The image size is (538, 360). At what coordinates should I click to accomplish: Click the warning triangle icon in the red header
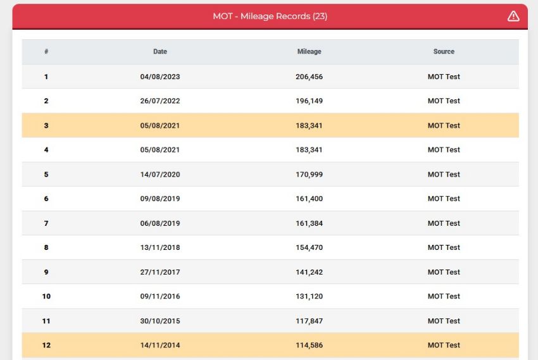pyautogui.click(x=513, y=16)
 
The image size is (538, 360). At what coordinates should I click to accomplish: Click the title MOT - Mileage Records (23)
pyautogui.click(x=270, y=16)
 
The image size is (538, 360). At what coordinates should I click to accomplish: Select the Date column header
pyautogui.click(x=160, y=51)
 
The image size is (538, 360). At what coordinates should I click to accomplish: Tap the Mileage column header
pyautogui.click(x=309, y=51)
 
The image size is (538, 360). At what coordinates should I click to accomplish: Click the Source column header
pyautogui.click(x=444, y=51)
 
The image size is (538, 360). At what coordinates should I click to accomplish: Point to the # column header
pyautogui.click(x=46, y=51)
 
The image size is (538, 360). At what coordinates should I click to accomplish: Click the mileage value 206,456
pyautogui.click(x=309, y=77)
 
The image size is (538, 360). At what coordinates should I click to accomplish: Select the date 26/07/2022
pyautogui.click(x=160, y=101)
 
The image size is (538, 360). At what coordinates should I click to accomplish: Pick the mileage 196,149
pyautogui.click(x=309, y=101)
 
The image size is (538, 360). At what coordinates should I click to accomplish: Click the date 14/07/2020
pyautogui.click(x=160, y=175)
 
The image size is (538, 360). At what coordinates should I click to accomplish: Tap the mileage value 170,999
pyautogui.click(x=309, y=175)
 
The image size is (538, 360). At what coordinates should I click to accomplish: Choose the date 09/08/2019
pyautogui.click(x=160, y=199)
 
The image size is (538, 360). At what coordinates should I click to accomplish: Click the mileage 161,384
pyautogui.click(x=309, y=223)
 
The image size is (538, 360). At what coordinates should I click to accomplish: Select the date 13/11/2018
pyautogui.click(x=160, y=247)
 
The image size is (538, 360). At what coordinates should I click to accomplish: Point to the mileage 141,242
pyautogui.click(x=309, y=272)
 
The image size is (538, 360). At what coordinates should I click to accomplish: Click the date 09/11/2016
pyautogui.click(x=160, y=296)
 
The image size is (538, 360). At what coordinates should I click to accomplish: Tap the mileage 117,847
pyautogui.click(x=309, y=321)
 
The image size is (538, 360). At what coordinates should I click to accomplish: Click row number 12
pyautogui.click(x=46, y=345)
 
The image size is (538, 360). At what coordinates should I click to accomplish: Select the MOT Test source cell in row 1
pyautogui.click(x=444, y=77)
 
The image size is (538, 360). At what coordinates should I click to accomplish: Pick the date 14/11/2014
pyautogui.click(x=160, y=345)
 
